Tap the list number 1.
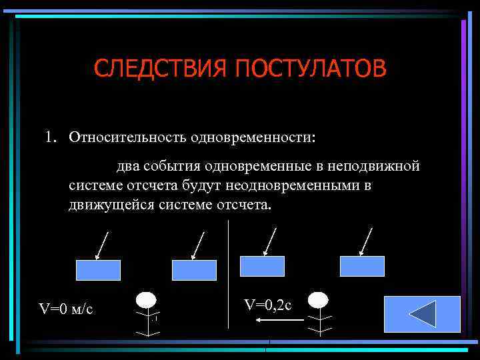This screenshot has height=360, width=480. tap(50, 137)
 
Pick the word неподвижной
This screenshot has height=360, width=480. tap(375, 165)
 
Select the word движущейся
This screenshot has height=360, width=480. tap(111, 204)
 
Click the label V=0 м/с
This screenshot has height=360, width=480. tap(65, 309)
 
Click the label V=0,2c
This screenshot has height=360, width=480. tap(267, 305)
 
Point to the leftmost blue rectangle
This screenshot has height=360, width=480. tap(99, 270)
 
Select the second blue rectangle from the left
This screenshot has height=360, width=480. tap(194, 270)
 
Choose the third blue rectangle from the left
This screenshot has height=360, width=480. tap(262, 266)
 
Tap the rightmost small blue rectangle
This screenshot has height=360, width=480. tap(362, 266)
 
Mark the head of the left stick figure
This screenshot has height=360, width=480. tap(146, 299)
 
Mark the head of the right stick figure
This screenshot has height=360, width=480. tap(319, 299)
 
